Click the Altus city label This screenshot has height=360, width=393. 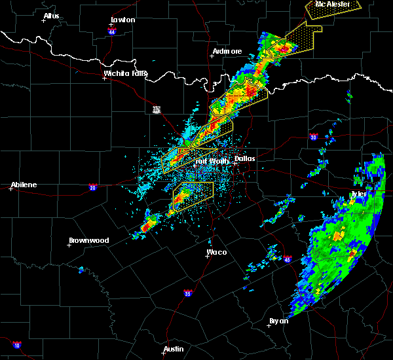pos(51,16)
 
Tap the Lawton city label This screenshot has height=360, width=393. pos(122,20)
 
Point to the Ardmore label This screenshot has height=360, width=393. pos(227,51)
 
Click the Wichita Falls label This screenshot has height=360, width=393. pos(126,73)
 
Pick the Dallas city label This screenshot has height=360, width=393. pos(245,158)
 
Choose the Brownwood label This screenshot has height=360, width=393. pos(88,240)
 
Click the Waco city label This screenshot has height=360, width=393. pos(217,251)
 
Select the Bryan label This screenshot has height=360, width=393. pos(279,321)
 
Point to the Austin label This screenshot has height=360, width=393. pos(174,349)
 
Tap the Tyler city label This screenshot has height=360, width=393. pos(358,194)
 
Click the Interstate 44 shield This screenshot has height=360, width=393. pos(113,31)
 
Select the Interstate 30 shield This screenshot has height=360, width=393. pos(313,137)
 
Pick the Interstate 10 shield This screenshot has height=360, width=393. pos(16,345)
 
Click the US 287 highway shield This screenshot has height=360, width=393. pos(157,109)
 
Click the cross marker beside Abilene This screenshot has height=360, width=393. pos(12,189)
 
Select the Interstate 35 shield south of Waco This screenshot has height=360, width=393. pos(188,293)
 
